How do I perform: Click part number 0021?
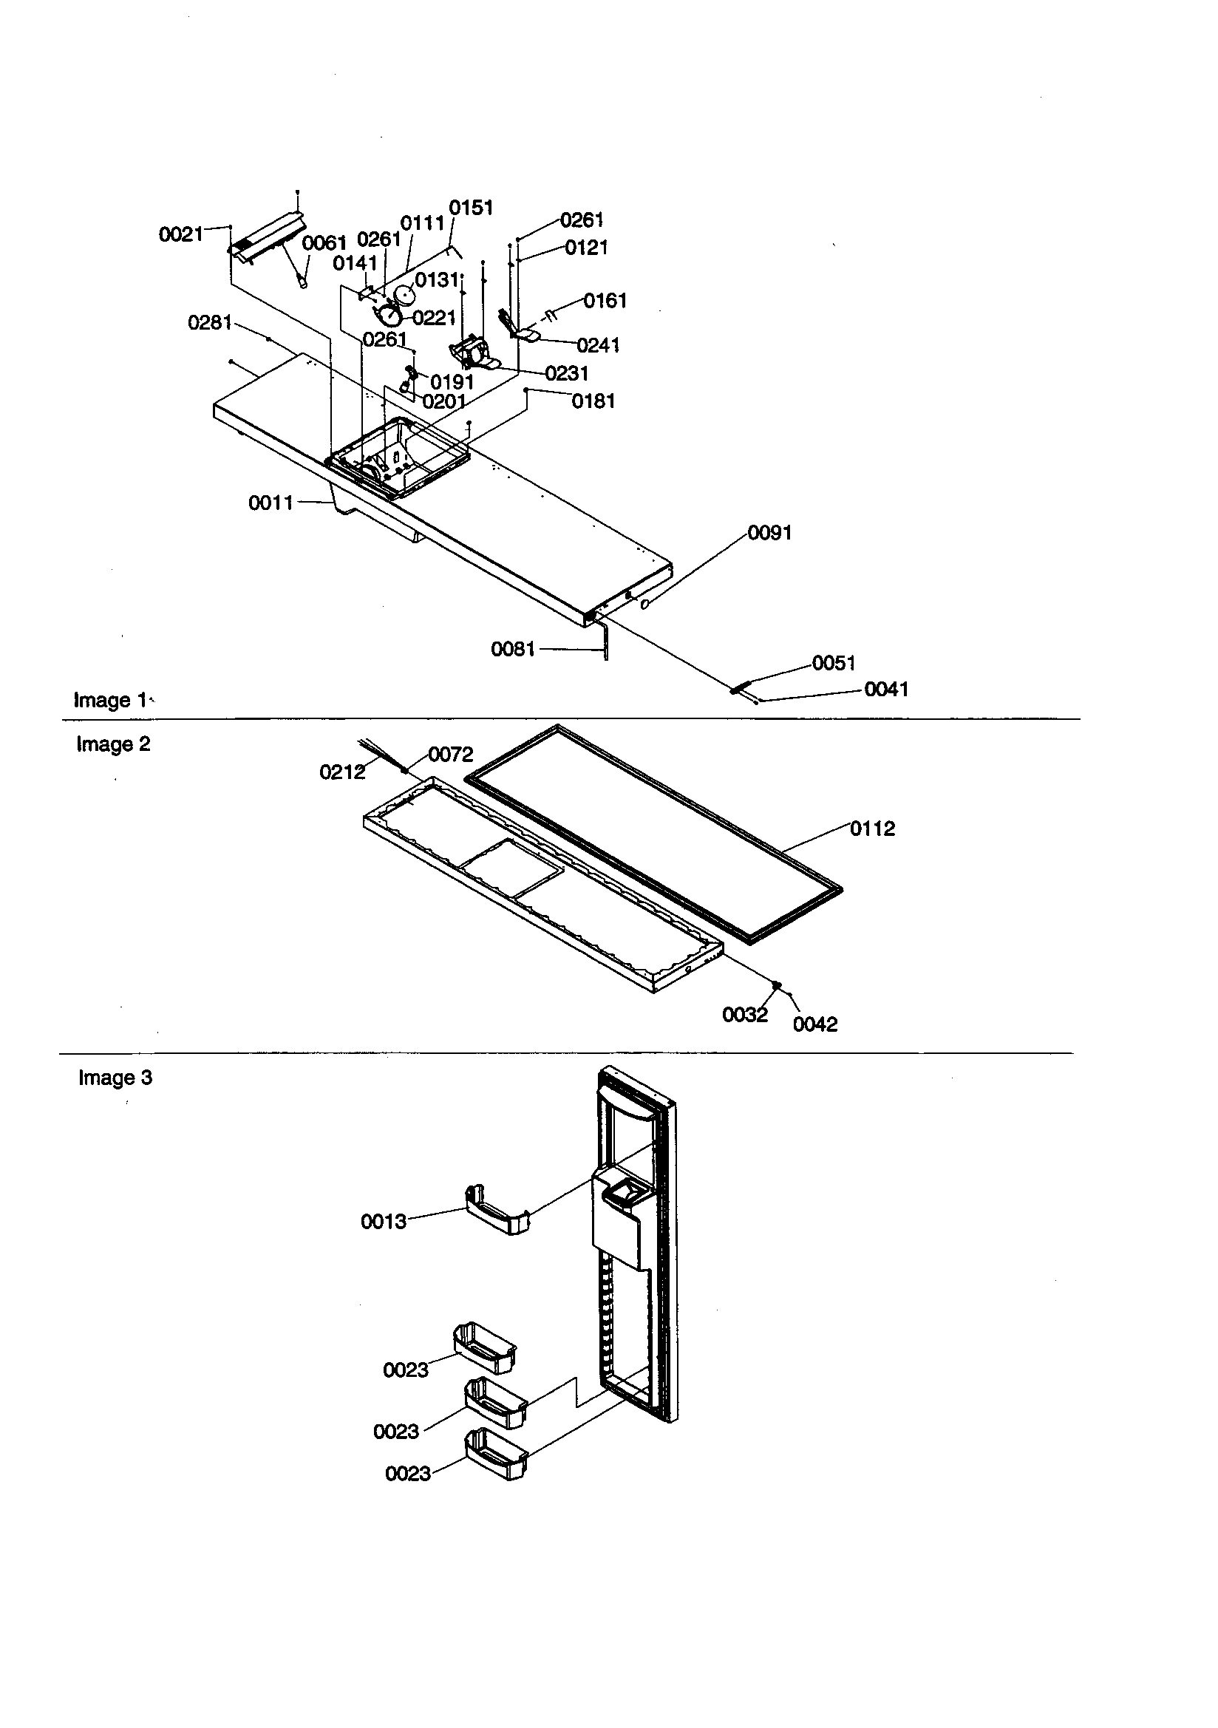click(x=180, y=235)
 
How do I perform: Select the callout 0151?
click(x=471, y=208)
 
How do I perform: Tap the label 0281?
click(x=209, y=323)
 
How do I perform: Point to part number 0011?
click(x=271, y=503)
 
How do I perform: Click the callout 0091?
click(x=769, y=533)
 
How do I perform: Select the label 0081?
click(x=513, y=649)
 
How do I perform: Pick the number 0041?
click(x=886, y=690)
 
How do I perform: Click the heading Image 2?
click(x=113, y=744)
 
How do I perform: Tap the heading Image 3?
click(x=115, y=1078)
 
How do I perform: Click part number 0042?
click(x=814, y=1024)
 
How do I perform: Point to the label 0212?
click(x=341, y=772)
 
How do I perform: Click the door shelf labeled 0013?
click(x=497, y=1211)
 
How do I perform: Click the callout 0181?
click(x=593, y=401)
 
